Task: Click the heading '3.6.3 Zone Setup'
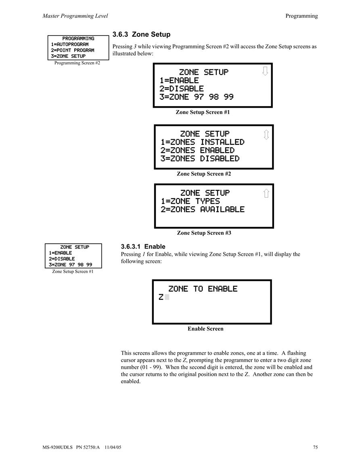(x=141, y=34)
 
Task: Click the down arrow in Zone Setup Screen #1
(x=265, y=71)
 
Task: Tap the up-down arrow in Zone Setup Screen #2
(x=266, y=135)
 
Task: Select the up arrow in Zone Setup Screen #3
(x=266, y=193)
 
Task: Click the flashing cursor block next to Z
(x=167, y=297)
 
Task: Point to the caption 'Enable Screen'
(x=205, y=329)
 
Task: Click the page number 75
(x=316, y=447)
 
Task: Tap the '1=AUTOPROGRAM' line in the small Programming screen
(x=69, y=44)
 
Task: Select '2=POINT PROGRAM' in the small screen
(x=73, y=50)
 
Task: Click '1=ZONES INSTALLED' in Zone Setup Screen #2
(x=203, y=142)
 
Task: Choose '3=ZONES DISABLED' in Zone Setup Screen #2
(x=200, y=159)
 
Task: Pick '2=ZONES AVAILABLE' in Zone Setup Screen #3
(x=203, y=209)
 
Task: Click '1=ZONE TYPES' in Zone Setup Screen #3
(x=190, y=201)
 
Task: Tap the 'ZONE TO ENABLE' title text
(x=203, y=289)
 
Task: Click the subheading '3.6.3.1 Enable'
(x=143, y=247)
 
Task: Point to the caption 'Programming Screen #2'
(x=77, y=63)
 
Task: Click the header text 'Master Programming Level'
(x=75, y=16)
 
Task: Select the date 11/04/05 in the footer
(x=113, y=447)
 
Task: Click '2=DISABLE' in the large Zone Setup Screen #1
(x=182, y=89)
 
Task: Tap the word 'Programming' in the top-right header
(x=301, y=16)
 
